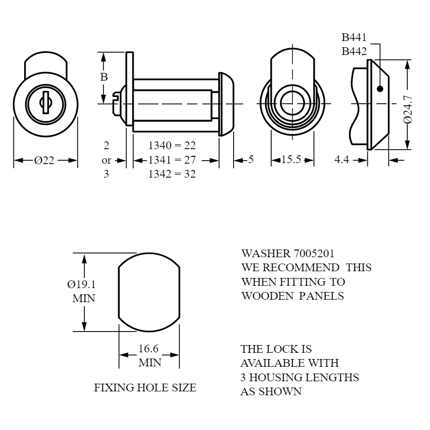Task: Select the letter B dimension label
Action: click(103, 77)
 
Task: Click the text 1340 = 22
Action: click(172, 145)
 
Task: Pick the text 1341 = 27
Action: click(172, 160)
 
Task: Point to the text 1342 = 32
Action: click(172, 174)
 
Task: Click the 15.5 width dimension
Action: click(291, 160)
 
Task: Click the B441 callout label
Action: click(354, 37)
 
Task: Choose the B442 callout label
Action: click(354, 51)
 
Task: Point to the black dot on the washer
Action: click(380, 89)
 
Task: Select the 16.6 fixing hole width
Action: click(149, 349)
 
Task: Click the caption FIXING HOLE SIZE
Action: click(145, 388)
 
